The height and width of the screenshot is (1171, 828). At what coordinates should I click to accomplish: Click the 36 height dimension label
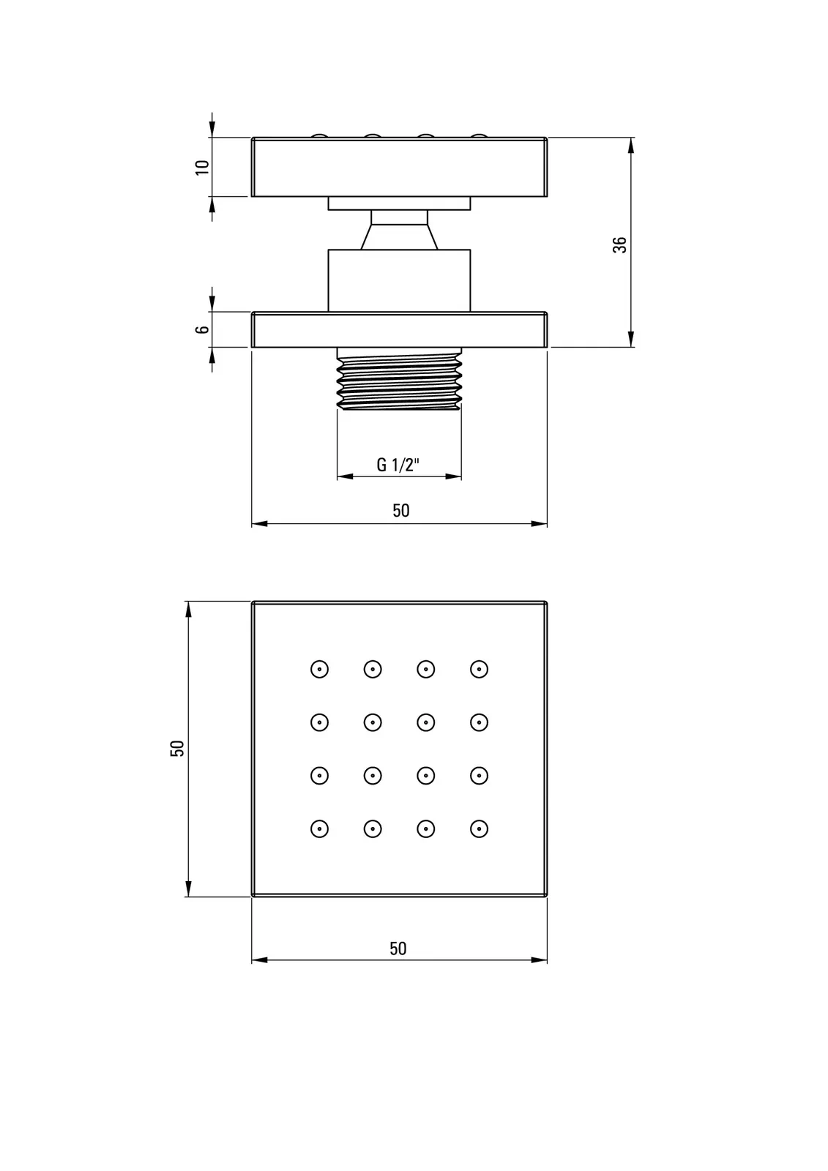(619, 244)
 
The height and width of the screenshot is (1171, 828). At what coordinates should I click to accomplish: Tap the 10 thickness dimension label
(202, 168)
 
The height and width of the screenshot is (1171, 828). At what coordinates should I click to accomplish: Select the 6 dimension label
(202, 329)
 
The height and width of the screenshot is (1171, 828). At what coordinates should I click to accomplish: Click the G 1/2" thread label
(398, 464)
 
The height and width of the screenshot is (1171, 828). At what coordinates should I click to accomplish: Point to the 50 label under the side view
(401, 510)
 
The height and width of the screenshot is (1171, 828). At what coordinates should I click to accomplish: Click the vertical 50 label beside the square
(177, 748)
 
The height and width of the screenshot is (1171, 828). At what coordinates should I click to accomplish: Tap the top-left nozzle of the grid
(320, 669)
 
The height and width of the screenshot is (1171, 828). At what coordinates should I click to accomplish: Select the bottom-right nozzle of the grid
(479, 828)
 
